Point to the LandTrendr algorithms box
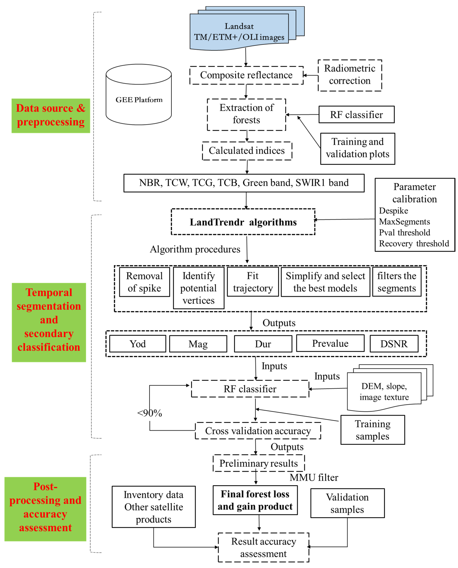coord(243,222)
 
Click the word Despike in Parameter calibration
coord(393,211)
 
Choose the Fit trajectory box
coord(253,282)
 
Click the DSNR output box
coord(394,344)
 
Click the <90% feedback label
coord(150,413)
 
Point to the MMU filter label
coord(314,477)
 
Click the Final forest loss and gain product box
coord(255,500)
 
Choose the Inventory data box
coord(154,507)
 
